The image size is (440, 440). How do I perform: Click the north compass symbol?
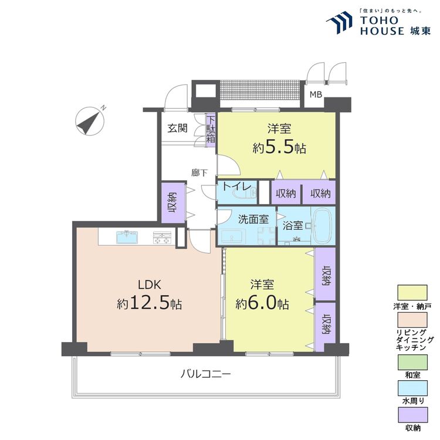pos(90,121)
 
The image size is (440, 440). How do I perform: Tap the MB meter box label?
pos(316,94)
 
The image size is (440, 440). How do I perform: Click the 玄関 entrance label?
pos(177,128)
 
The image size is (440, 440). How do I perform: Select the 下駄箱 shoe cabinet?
pos(211,130)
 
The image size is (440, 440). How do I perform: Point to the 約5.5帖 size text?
pos(279,148)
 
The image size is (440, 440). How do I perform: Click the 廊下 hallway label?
pos(199,173)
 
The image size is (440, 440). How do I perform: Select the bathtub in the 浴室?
pos(322,226)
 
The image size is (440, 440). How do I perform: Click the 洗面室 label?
pos(253,219)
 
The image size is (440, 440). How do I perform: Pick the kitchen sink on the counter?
pos(127,237)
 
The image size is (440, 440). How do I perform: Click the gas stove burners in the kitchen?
pos(162,238)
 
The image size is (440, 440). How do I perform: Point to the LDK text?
pos(149,285)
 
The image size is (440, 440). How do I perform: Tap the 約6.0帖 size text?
pos(262,304)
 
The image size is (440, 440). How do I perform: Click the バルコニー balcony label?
pos(205,374)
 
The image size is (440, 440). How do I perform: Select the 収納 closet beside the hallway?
pos(173,203)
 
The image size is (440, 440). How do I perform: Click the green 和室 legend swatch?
pos(412,363)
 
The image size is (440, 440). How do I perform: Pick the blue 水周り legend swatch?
pos(412,388)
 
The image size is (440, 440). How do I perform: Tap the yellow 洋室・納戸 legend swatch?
pos(412,293)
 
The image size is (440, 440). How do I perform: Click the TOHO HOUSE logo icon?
pos(339,22)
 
